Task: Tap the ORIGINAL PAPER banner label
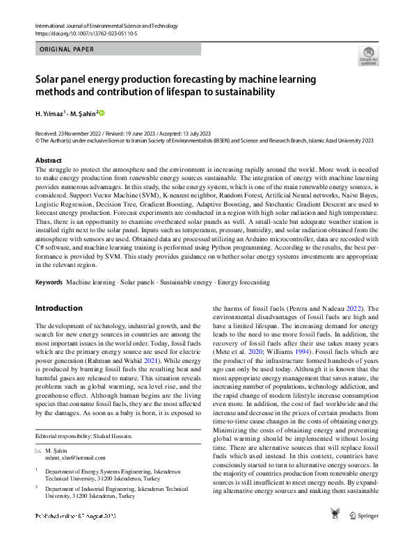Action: (65, 49)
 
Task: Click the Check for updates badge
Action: (369, 58)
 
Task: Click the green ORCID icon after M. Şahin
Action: (102, 113)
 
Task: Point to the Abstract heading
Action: (48, 159)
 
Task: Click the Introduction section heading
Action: (58, 308)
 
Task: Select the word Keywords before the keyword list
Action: (49, 283)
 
